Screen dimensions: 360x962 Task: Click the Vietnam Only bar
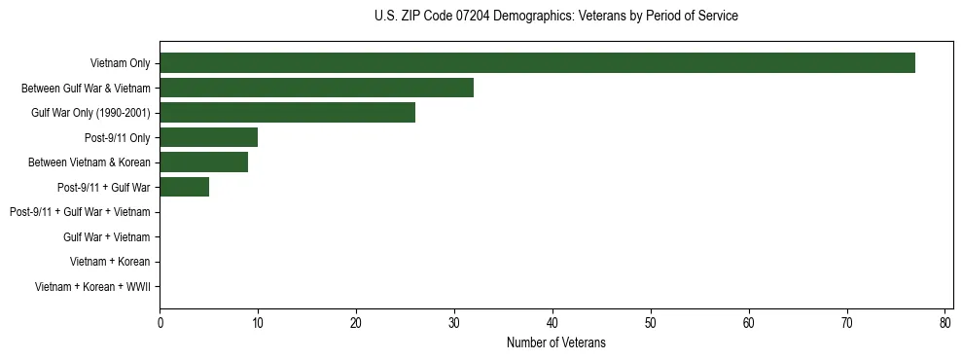pyautogui.click(x=537, y=63)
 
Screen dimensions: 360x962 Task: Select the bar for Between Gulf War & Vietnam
pyautogui.click(x=316, y=88)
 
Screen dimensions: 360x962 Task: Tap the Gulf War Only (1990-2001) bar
pyautogui.click(x=287, y=113)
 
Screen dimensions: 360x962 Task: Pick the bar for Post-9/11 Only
pyautogui.click(x=208, y=137)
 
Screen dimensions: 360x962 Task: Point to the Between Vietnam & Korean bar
pyautogui.click(x=203, y=162)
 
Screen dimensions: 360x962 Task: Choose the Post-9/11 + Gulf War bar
pyautogui.click(x=184, y=187)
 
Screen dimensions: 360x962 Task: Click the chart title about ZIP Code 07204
pyautogui.click(x=555, y=17)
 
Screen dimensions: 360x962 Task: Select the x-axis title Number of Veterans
pyautogui.click(x=555, y=342)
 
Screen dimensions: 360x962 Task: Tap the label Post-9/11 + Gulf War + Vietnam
pyautogui.click(x=80, y=212)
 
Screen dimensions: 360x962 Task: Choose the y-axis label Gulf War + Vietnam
pyautogui.click(x=107, y=237)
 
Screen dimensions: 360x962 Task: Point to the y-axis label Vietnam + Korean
pyautogui.click(x=110, y=262)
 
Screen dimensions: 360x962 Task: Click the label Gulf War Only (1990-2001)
pyautogui.click(x=90, y=113)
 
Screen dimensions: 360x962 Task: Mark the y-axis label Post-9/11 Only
pyautogui.click(x=115, y=137)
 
